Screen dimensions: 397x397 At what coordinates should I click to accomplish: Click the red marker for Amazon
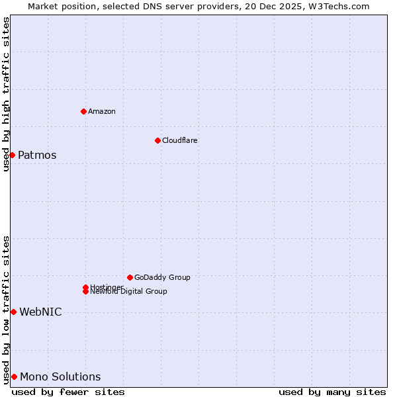click(83, 111)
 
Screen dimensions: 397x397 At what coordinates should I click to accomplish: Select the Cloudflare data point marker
click(157, 140)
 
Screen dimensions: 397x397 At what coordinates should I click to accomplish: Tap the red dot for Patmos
click(12, 155)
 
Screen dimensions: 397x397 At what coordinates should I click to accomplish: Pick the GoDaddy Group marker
click(130, 277)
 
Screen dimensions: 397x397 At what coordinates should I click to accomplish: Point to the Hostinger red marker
click(85, 287)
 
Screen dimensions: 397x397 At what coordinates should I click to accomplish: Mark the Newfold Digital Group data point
click(85, 291)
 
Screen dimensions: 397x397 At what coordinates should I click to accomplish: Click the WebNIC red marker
click(13, 312)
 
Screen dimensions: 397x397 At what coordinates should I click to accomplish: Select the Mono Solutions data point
click(14, 376)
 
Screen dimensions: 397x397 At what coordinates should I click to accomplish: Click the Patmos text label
click(37, 155)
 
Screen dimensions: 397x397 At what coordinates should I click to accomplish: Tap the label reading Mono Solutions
click(60, 377)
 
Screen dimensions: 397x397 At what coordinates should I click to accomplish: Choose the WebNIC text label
click(40, 312)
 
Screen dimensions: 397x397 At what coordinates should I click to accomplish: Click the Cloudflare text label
click(179, 140)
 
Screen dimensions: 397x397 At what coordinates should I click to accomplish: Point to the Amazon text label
click(101, 111)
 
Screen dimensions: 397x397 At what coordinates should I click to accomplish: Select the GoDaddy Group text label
click(162, 277)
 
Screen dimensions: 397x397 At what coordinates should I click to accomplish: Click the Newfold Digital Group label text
click(128, 292)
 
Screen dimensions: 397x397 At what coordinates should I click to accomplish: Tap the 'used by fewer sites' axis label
click(68, 392)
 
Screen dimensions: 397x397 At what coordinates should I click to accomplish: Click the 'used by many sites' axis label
click(332, 392)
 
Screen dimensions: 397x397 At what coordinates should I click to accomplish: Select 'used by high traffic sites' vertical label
click(6, 94)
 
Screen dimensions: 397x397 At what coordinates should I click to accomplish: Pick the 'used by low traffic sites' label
click(6, 310)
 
